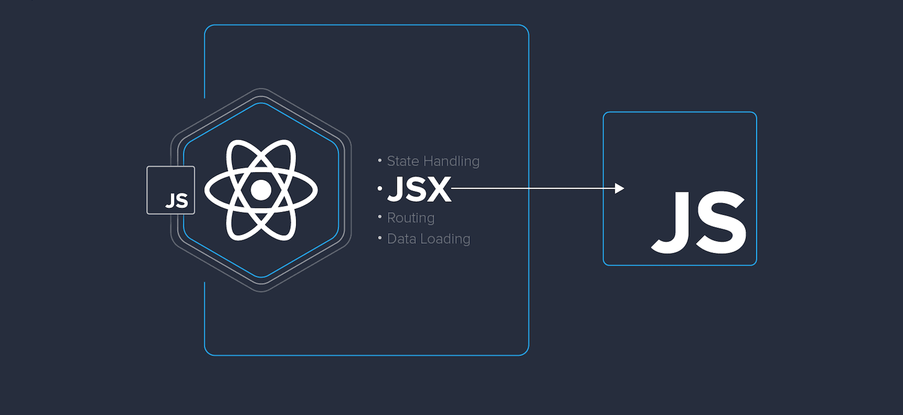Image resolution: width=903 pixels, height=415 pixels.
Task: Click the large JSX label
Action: (419, 189)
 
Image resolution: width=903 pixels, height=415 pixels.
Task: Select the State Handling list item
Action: (433, 161)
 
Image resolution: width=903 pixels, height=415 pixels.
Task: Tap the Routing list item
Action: (411, 218)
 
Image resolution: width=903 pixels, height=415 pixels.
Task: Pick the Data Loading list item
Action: (428, 239)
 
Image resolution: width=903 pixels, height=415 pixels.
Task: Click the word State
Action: (403, 161)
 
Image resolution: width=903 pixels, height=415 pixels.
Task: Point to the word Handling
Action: (451, 161)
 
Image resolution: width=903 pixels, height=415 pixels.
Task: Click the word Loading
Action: (445, 239)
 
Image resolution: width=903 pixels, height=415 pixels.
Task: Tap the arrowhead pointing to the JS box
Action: (619, 188)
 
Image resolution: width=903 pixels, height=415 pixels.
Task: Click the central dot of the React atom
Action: (261, 190)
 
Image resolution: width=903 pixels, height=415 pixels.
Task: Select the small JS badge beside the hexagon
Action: (171, 190)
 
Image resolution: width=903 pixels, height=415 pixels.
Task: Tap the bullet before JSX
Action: (380, 188)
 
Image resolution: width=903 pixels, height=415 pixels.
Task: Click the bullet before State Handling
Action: (380, 160)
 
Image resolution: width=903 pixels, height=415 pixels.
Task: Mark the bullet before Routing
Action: (380, 216)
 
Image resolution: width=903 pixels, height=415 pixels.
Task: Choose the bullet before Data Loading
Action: (380, 238)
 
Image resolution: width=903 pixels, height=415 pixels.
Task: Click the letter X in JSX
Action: (439, 189)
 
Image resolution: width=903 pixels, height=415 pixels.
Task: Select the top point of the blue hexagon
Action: (261, 103)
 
